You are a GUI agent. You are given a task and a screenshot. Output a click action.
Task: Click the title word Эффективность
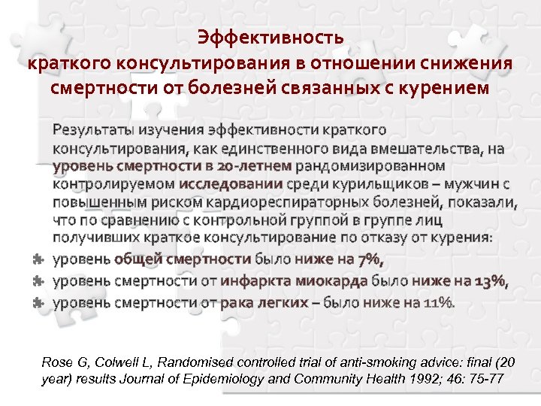pos(270,37)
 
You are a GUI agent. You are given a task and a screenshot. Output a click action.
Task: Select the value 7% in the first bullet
pos(370,259)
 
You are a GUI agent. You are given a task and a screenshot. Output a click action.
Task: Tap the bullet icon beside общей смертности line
pos(37,259)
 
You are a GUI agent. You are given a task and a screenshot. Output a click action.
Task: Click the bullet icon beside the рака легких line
pos(37,302)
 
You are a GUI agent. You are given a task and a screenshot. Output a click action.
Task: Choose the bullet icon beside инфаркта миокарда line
pos(37,281)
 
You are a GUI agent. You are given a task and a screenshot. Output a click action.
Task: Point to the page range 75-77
pos(485,379)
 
